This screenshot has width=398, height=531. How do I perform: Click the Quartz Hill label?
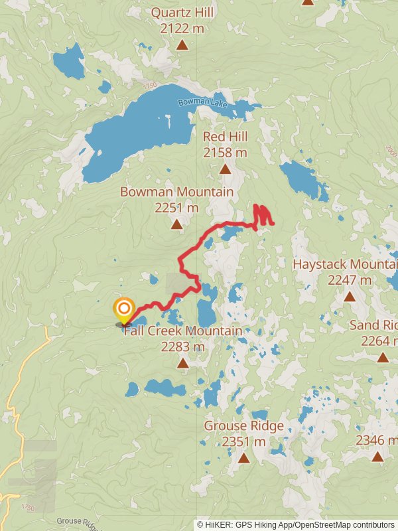(182, 12)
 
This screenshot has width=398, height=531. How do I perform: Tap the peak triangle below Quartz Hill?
(182, 45)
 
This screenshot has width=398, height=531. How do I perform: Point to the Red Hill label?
(225, 137)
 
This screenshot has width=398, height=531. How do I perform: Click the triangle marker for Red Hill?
(226, 169)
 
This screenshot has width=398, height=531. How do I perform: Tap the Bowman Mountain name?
(176, 192)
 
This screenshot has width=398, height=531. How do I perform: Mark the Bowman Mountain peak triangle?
(176, 225)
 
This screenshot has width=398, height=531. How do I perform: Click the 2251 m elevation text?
(176, 208)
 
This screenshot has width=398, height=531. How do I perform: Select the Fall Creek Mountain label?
(182, 331)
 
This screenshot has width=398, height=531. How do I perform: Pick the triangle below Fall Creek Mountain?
(182, 363)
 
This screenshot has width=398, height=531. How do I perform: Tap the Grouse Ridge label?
(243, 425)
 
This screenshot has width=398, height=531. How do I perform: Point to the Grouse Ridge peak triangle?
(243, 458)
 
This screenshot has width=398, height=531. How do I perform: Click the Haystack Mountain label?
(345, 264)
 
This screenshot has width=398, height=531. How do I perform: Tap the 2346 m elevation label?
(376, 440)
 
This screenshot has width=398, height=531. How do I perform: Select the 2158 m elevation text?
(225, 153)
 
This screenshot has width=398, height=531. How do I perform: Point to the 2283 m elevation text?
(182, 346)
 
